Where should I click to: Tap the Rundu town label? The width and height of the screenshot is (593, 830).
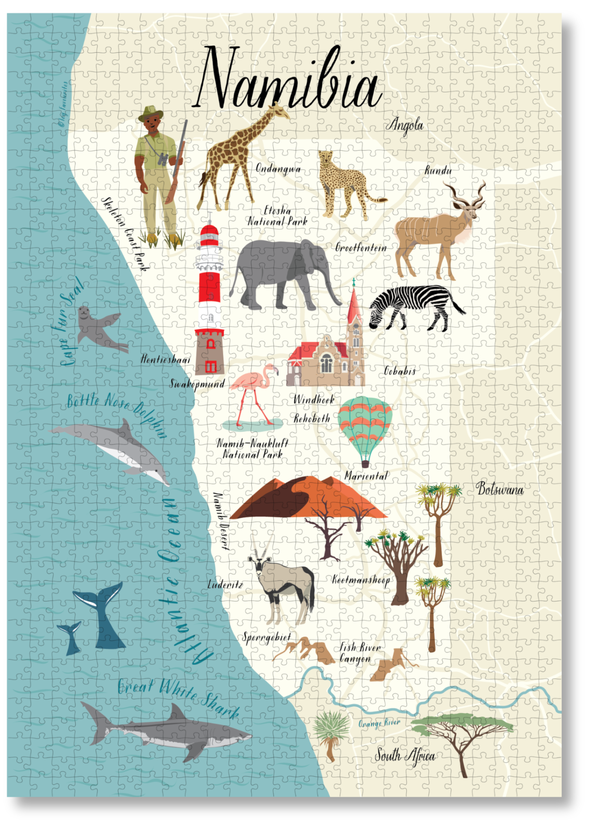438,170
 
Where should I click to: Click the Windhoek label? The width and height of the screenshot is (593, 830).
314,400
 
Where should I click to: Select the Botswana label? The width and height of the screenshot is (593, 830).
500,489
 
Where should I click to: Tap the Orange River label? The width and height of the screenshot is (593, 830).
379,723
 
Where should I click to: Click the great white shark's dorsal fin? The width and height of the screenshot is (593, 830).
178,712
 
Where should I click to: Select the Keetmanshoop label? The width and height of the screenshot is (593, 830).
361,580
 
